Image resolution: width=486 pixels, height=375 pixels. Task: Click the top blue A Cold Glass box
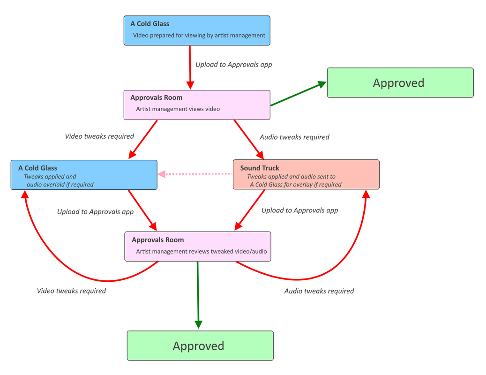click(197, 30)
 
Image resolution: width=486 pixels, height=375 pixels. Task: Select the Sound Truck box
click(306, 174)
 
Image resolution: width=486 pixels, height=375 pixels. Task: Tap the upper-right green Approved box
click(400, 83)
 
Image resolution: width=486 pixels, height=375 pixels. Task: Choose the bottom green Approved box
click(200, 346)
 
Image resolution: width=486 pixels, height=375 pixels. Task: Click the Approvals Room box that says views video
click(197, 105)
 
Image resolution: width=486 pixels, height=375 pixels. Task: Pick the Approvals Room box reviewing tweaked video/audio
click(197, 246)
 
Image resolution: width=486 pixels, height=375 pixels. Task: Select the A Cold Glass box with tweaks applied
click(84, 175)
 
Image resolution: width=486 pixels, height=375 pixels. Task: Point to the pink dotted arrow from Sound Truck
click(195, 174)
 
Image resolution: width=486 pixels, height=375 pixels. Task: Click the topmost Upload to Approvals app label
click(233, 65)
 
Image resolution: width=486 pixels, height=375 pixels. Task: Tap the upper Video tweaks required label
click(99, 136)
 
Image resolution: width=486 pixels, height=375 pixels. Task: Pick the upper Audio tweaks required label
click(294, 137)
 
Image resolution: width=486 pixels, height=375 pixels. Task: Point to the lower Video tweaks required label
click(71, 291)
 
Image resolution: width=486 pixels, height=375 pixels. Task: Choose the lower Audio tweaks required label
click(319, 291)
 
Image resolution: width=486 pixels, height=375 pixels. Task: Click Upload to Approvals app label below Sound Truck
click(299, 210)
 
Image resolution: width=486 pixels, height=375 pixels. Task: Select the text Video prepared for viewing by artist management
click(199, 35)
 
